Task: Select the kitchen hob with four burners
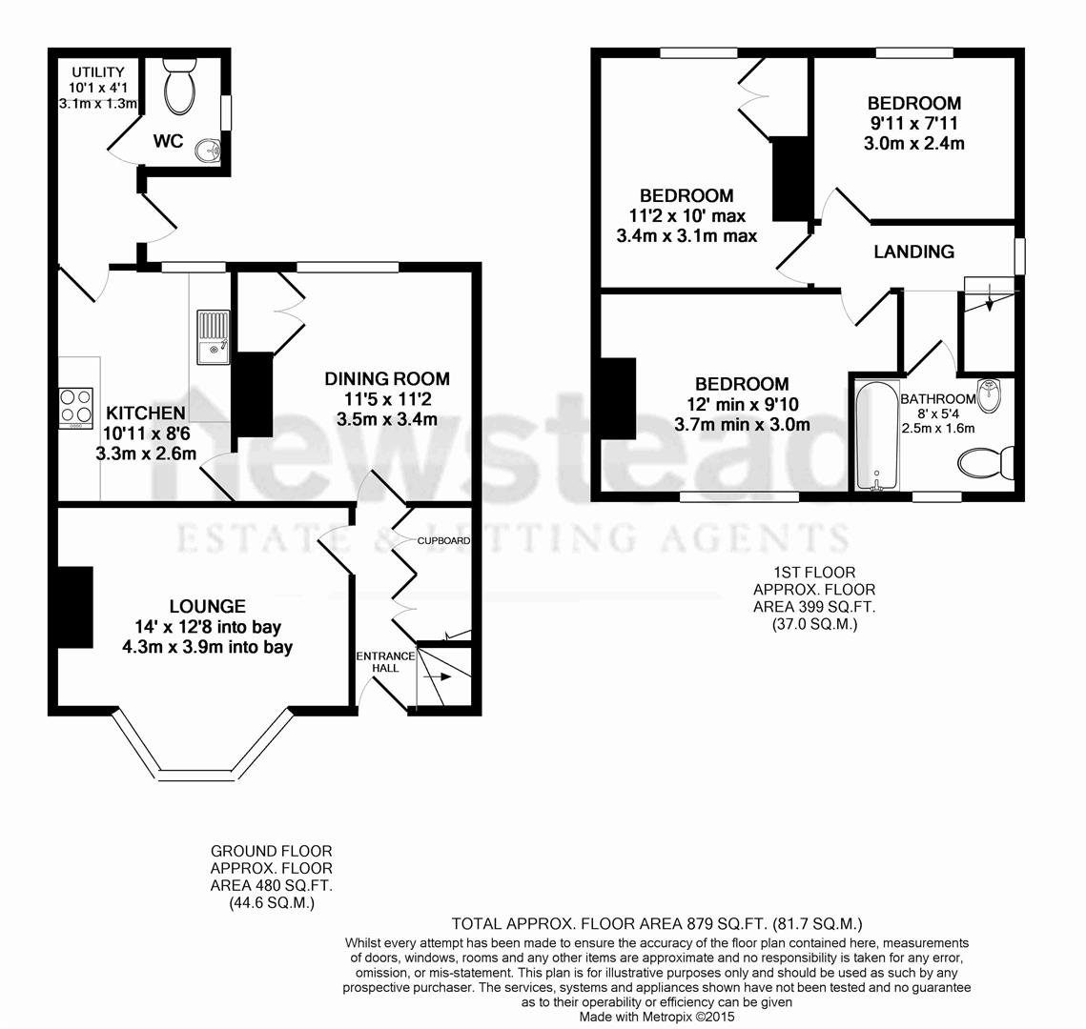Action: tap(76, 407)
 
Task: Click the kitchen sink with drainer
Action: tap(213, 337)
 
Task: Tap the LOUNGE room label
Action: tap(207, 606)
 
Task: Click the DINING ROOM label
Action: tap(386, 378)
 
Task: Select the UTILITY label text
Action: tap(97, 72)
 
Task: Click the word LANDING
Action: tap(913, 252)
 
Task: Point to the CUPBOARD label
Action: tap(443, 541)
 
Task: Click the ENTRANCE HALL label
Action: tap(385, 661)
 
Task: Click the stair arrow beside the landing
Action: tap(989, 301)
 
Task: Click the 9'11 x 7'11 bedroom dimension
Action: tap(913, 124)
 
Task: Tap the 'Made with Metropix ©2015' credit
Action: tap(658, 1017)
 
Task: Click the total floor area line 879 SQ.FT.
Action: tap(657, 923)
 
